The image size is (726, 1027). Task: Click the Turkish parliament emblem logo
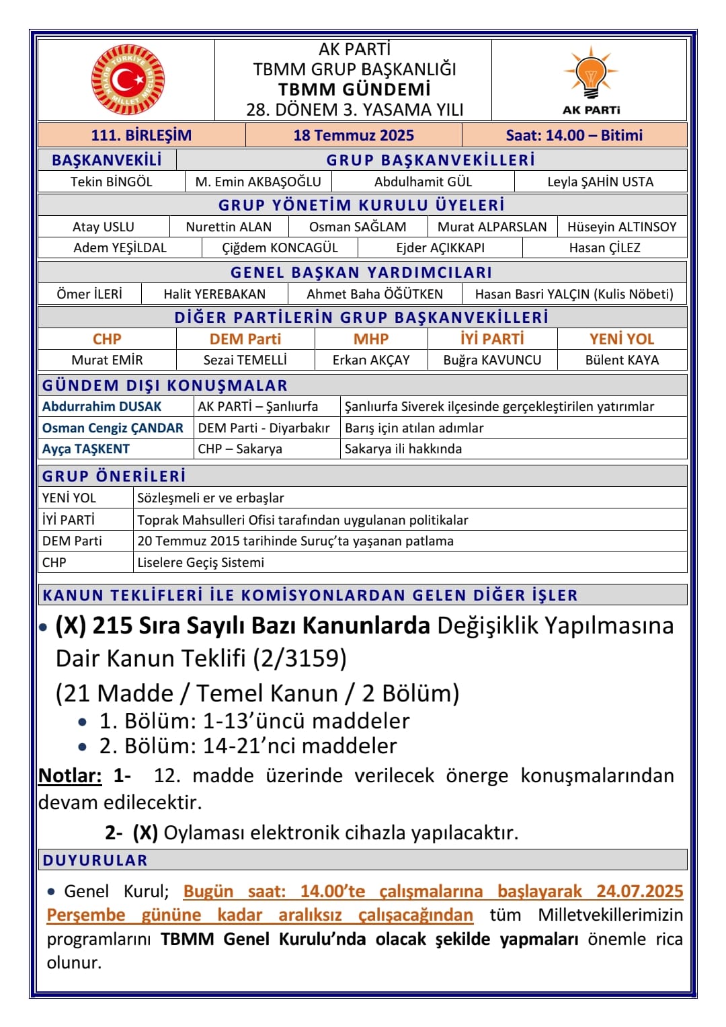(128, 80)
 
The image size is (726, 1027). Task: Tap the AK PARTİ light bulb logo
(591, 74)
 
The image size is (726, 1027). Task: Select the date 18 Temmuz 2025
(354, 135)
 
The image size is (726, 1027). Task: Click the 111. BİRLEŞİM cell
(141, 135)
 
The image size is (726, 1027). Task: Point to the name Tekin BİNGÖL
(111, 182)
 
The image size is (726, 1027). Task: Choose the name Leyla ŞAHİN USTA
(600, 182)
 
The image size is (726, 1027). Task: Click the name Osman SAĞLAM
(358, 227)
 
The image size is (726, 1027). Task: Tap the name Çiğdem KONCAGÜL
(280, 248)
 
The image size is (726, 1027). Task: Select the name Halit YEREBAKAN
(214, 294)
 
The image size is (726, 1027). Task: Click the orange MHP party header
(371, 339)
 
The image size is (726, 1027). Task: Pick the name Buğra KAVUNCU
(492, 360)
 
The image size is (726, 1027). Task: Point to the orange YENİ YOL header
(622, 339)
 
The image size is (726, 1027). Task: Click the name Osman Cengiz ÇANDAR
(113, 428)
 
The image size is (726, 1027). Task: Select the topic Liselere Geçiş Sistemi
(201, 562)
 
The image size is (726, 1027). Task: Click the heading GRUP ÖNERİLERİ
(114, 476)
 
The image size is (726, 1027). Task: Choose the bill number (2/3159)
(300, 658)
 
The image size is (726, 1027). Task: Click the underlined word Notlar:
(70, 775)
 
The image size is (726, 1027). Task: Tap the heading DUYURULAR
(95, 860)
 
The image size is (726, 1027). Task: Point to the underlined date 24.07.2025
(639, 891)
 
